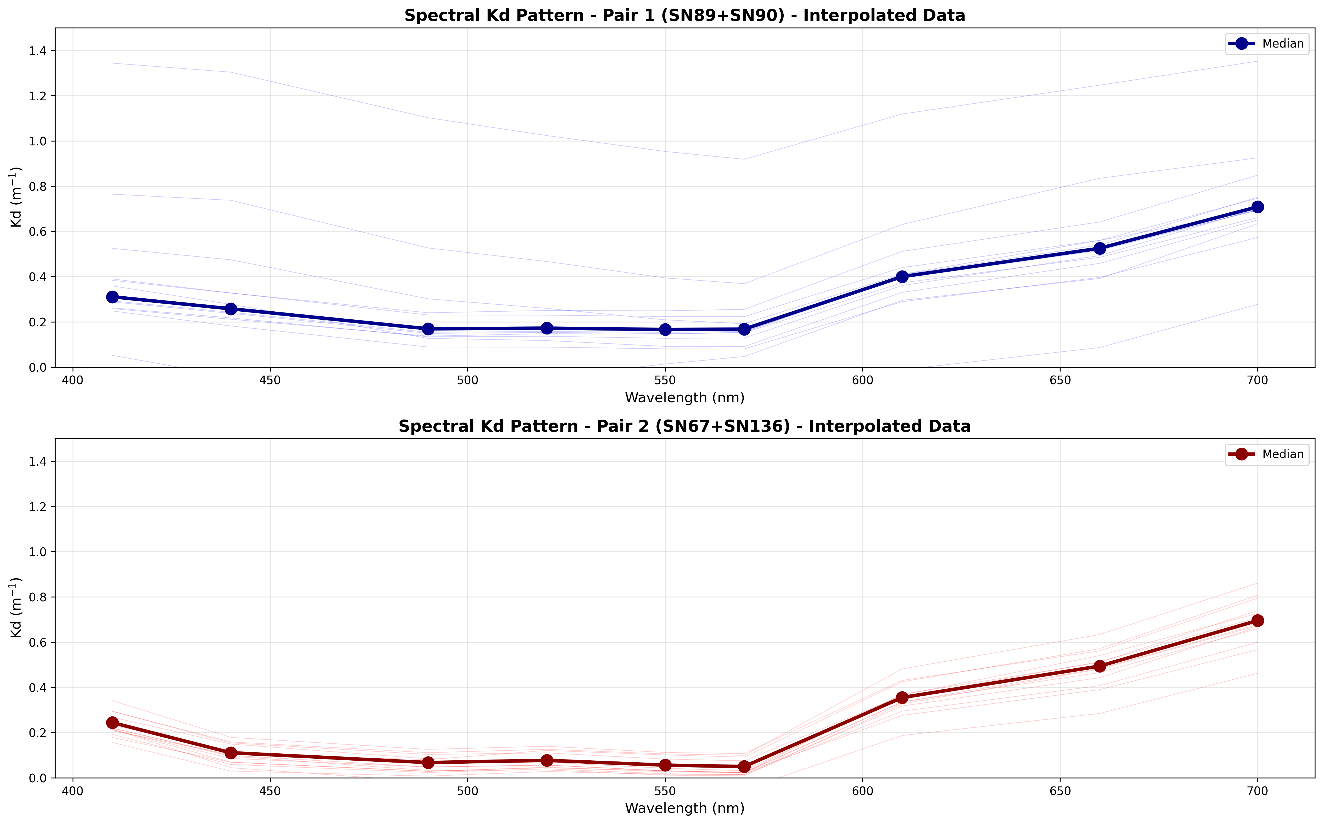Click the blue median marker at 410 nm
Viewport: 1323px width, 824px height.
coord(112,297)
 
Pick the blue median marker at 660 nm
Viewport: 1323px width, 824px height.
coord(1099,249)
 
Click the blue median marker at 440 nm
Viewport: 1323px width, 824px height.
coord(230,309)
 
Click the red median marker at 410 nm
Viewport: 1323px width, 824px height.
coord(112,723)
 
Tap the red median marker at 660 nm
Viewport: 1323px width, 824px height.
coord(1099,666)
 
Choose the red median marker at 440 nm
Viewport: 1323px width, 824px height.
coord(230,753)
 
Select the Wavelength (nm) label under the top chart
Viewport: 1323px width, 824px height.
coord(684,398)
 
